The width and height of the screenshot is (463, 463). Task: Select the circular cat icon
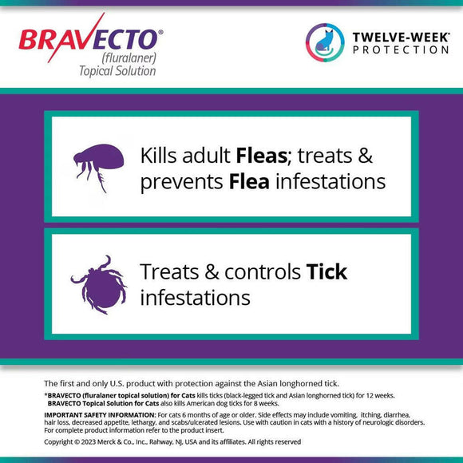[x=324, y=41]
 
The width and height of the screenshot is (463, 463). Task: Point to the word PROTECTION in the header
[x=400, y=49]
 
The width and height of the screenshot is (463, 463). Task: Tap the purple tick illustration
[x=97, y=284]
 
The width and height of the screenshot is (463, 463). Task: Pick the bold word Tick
[x=327, y=271]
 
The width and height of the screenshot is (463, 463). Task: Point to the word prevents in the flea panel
[x=180, y=182]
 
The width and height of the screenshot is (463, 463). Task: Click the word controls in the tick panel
[x=260, y=271]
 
